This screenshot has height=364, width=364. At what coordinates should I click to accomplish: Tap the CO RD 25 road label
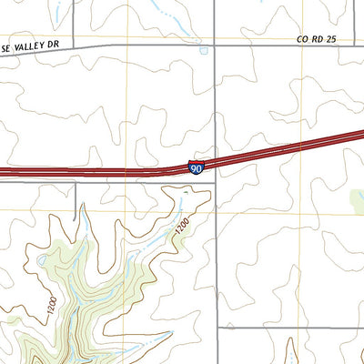316,40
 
